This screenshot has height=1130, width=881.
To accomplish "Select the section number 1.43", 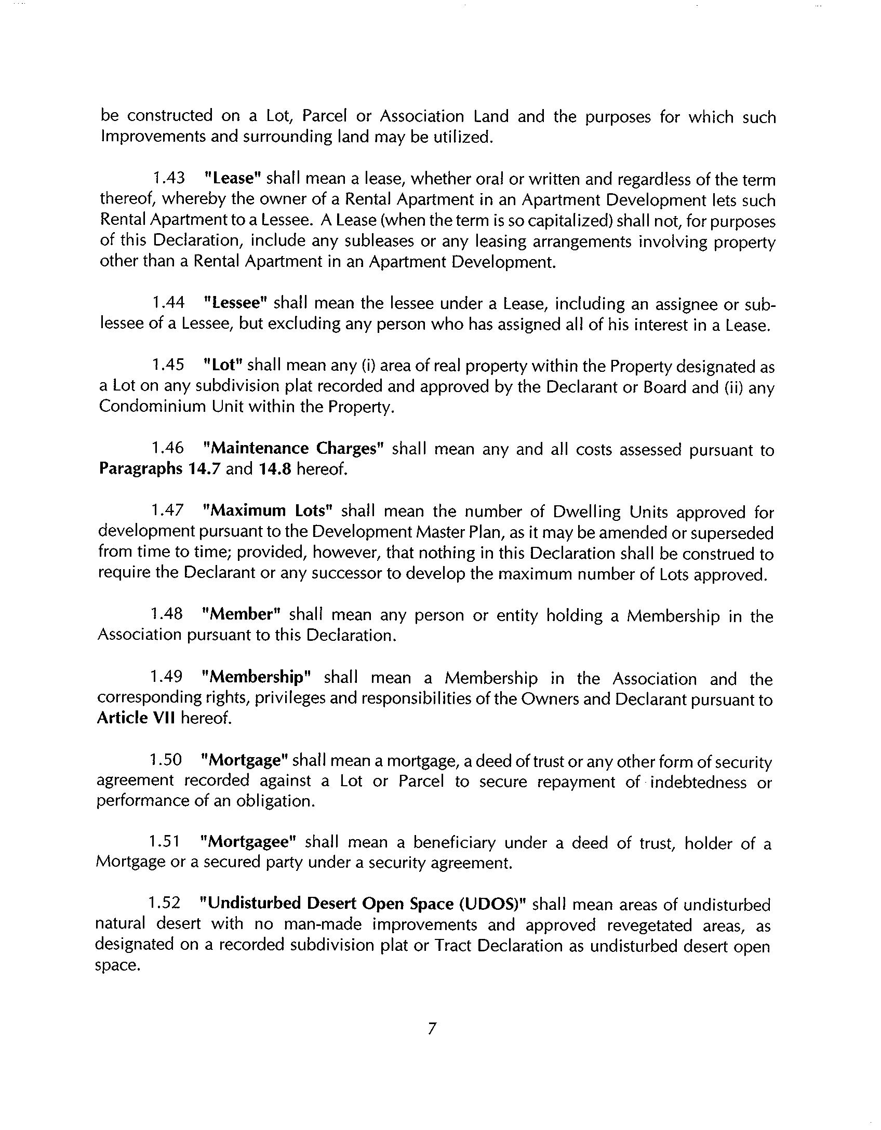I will point(169,178).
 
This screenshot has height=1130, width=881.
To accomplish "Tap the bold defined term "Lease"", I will point(232,178).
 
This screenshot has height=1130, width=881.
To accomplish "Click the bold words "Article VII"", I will point(136,719).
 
